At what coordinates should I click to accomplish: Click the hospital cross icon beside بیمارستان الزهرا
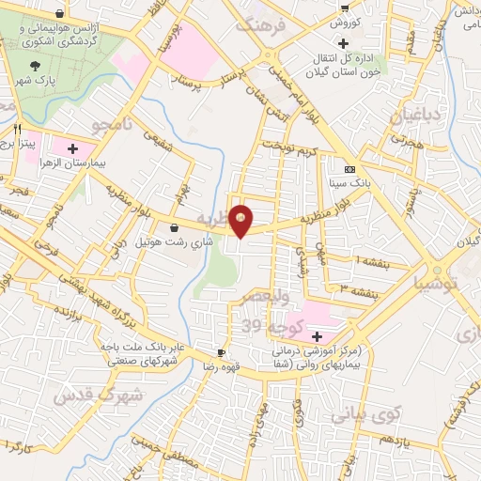(x=72, y=148)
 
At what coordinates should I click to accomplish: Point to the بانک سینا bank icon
(x=349, y=169)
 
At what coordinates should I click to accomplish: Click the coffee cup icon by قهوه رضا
(x=221, y=353)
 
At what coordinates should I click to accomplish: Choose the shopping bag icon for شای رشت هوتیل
(x=175, y=227)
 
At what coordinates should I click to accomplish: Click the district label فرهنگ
(x=258, y=25)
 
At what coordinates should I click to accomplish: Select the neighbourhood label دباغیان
(x=411, y=117)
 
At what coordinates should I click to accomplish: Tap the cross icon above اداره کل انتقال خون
(x=345, y=43)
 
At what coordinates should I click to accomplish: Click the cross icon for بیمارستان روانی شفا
(x=317, y=336)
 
